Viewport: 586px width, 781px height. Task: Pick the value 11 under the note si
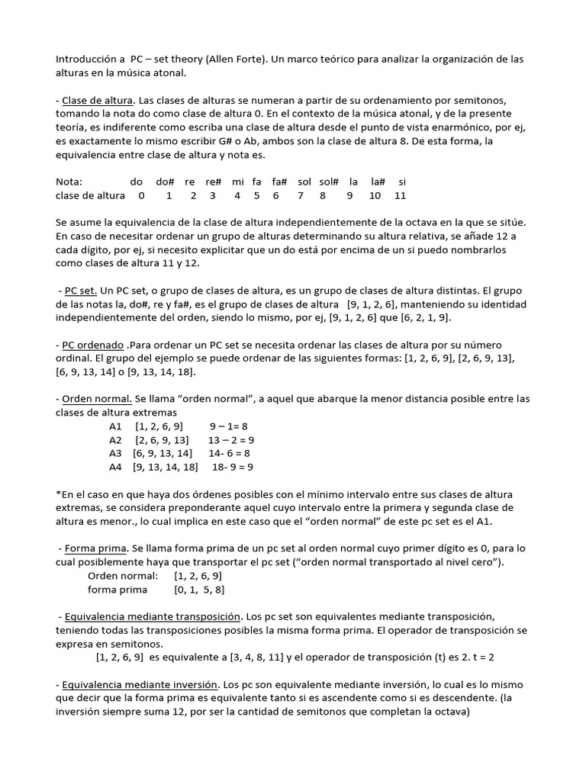[400, 195]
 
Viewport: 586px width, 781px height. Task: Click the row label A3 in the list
[115, 452]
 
